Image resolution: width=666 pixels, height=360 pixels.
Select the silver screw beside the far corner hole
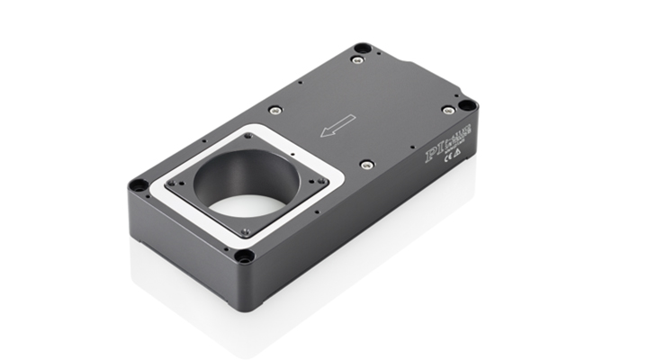pyautogui.click(x=357, y=60)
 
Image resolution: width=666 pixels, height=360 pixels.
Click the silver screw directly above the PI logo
pyautogui.click(x=448, y=110)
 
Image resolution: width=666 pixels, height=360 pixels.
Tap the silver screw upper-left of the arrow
pyautogui.click(x=276, y=110)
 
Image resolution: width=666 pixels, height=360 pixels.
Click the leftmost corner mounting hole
pyautogui.click(x=138, y=185)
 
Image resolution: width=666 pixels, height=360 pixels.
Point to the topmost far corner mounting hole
pyautogui.click(x=362, y=47)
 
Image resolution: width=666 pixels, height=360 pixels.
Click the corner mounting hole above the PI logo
pyautogui.click(x=467, y=105)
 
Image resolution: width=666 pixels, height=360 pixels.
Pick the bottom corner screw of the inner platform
pyautogui.click(x=245, y=231)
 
